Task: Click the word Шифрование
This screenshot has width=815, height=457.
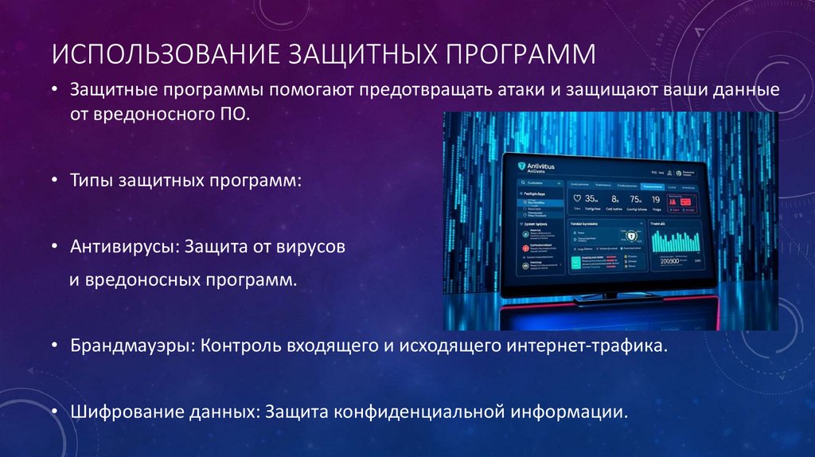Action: point(119,412)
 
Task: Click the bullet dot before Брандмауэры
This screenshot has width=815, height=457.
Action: point(53,346)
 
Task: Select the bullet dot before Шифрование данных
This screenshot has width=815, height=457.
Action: point(53,412)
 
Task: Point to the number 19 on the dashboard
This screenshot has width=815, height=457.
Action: point(656,199)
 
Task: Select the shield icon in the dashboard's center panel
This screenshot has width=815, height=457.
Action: point(630,237)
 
